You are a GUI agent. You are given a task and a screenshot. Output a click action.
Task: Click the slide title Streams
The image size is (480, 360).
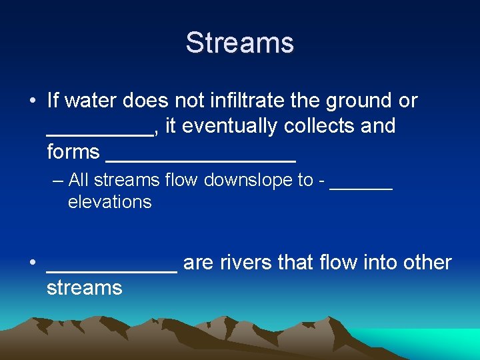[239, 43]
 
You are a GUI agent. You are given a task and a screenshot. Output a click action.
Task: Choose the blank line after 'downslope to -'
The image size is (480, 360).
[361, 187]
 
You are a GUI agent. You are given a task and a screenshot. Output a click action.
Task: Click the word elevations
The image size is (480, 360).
[110, 202]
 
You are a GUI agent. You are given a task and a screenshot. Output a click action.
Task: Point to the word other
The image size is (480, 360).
[427, 263]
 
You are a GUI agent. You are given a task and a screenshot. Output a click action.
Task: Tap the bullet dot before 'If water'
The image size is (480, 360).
[32, 101]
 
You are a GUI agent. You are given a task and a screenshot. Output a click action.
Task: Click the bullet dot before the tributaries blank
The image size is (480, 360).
[32, 263]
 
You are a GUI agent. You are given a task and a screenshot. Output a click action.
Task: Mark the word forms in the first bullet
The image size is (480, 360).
[73, 152]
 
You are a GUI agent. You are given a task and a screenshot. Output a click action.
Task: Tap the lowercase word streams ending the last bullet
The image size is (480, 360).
[85, 288]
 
